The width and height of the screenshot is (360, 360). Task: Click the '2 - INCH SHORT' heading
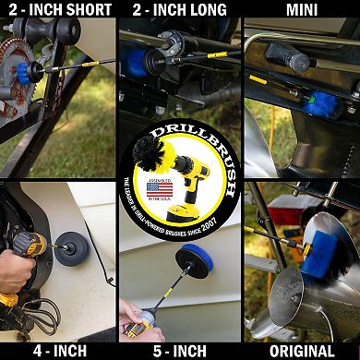pos(57,10)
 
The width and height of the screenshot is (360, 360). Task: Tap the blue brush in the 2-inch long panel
pos(138,64)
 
